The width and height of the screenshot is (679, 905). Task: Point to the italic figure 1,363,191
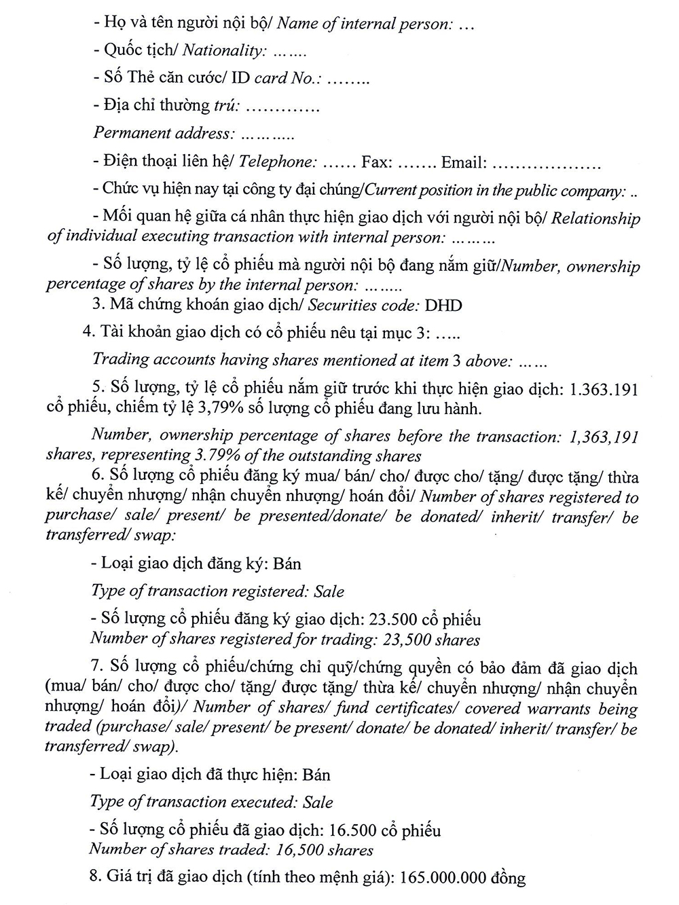(603, 437)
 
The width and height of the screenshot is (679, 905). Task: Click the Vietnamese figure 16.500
(354, 830)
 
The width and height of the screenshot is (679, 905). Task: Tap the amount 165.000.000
(444, 878)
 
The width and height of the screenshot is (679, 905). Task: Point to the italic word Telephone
(277, 162)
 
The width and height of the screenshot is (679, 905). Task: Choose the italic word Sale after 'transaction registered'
(329, 591)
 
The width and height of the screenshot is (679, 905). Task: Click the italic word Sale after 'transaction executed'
(318, 802)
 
